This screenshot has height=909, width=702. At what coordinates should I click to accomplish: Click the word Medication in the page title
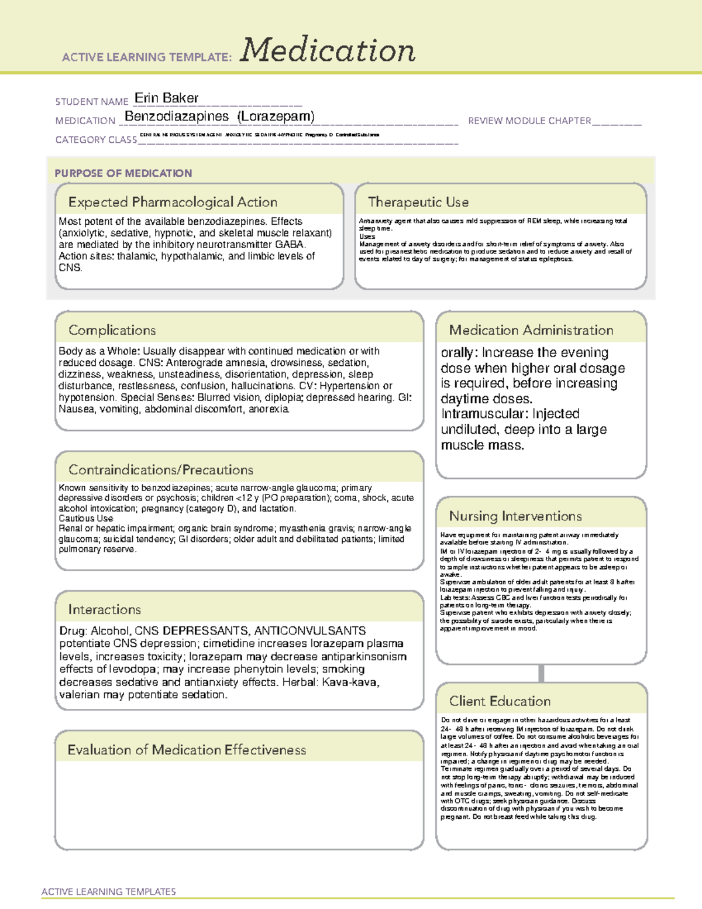pos(328,50)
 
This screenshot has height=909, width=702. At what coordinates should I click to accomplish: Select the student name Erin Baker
pos(166,98)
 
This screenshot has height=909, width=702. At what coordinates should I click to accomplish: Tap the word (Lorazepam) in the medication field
pos(276,116)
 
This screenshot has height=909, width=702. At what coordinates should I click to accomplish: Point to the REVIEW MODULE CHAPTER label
pos(529,121)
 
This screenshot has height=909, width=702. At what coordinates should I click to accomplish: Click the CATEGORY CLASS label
pos(96,139)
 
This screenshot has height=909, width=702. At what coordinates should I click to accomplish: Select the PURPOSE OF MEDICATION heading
pos(123,173)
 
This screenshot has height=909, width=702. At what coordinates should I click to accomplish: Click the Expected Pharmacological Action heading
pos(173,202)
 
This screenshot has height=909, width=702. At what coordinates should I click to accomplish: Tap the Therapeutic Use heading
pos(418,202)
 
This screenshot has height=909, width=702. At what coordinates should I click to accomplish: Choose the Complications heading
pos(112,330)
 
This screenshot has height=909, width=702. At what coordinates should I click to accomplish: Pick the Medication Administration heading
pos(531,330)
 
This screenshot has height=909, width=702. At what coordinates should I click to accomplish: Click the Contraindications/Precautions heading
pos(161,469)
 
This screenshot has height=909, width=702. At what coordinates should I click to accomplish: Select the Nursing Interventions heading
pos(515,516)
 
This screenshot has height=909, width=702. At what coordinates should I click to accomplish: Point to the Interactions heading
pos(105,609)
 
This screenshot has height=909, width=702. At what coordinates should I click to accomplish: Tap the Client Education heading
pos(500,701)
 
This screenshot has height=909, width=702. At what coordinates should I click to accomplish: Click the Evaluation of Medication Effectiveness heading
pos(187,750)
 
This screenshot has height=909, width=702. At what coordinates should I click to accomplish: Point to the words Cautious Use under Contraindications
pos(85,518)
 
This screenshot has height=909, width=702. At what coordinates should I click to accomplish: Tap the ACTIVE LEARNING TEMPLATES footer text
pos(109,891)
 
